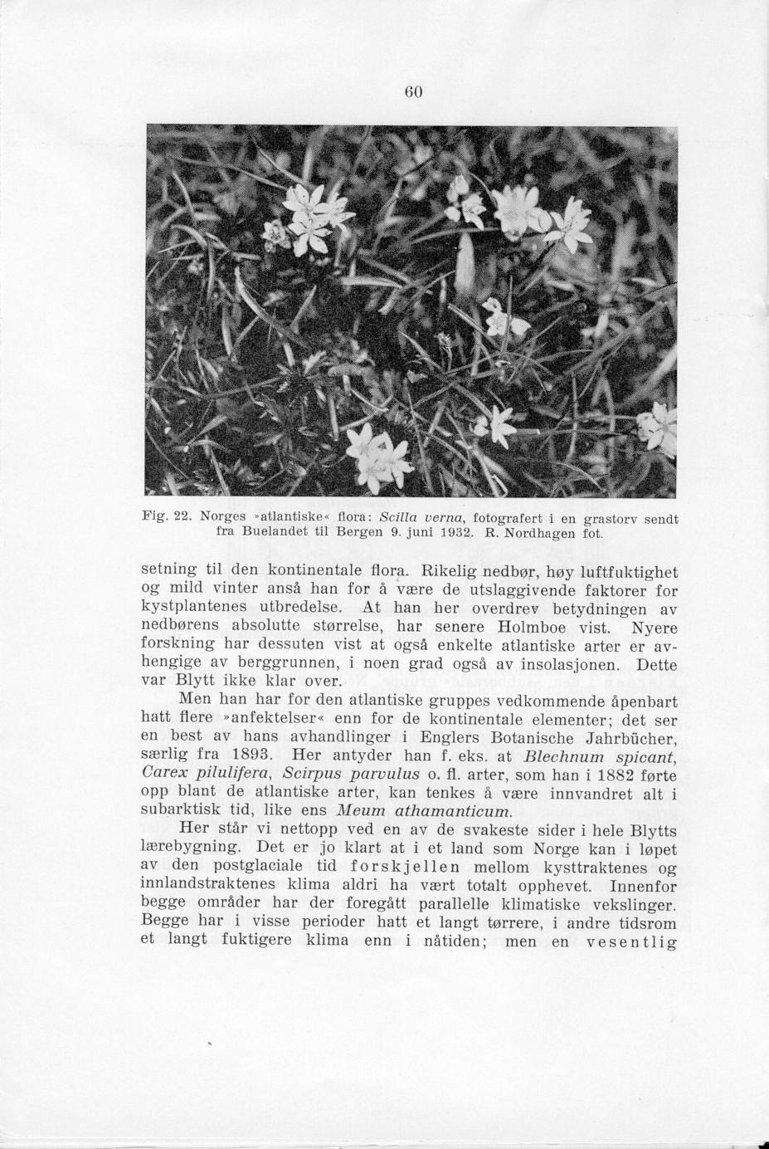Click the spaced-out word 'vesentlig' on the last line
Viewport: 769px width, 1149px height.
pyautogui.click(x=631, y=941)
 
